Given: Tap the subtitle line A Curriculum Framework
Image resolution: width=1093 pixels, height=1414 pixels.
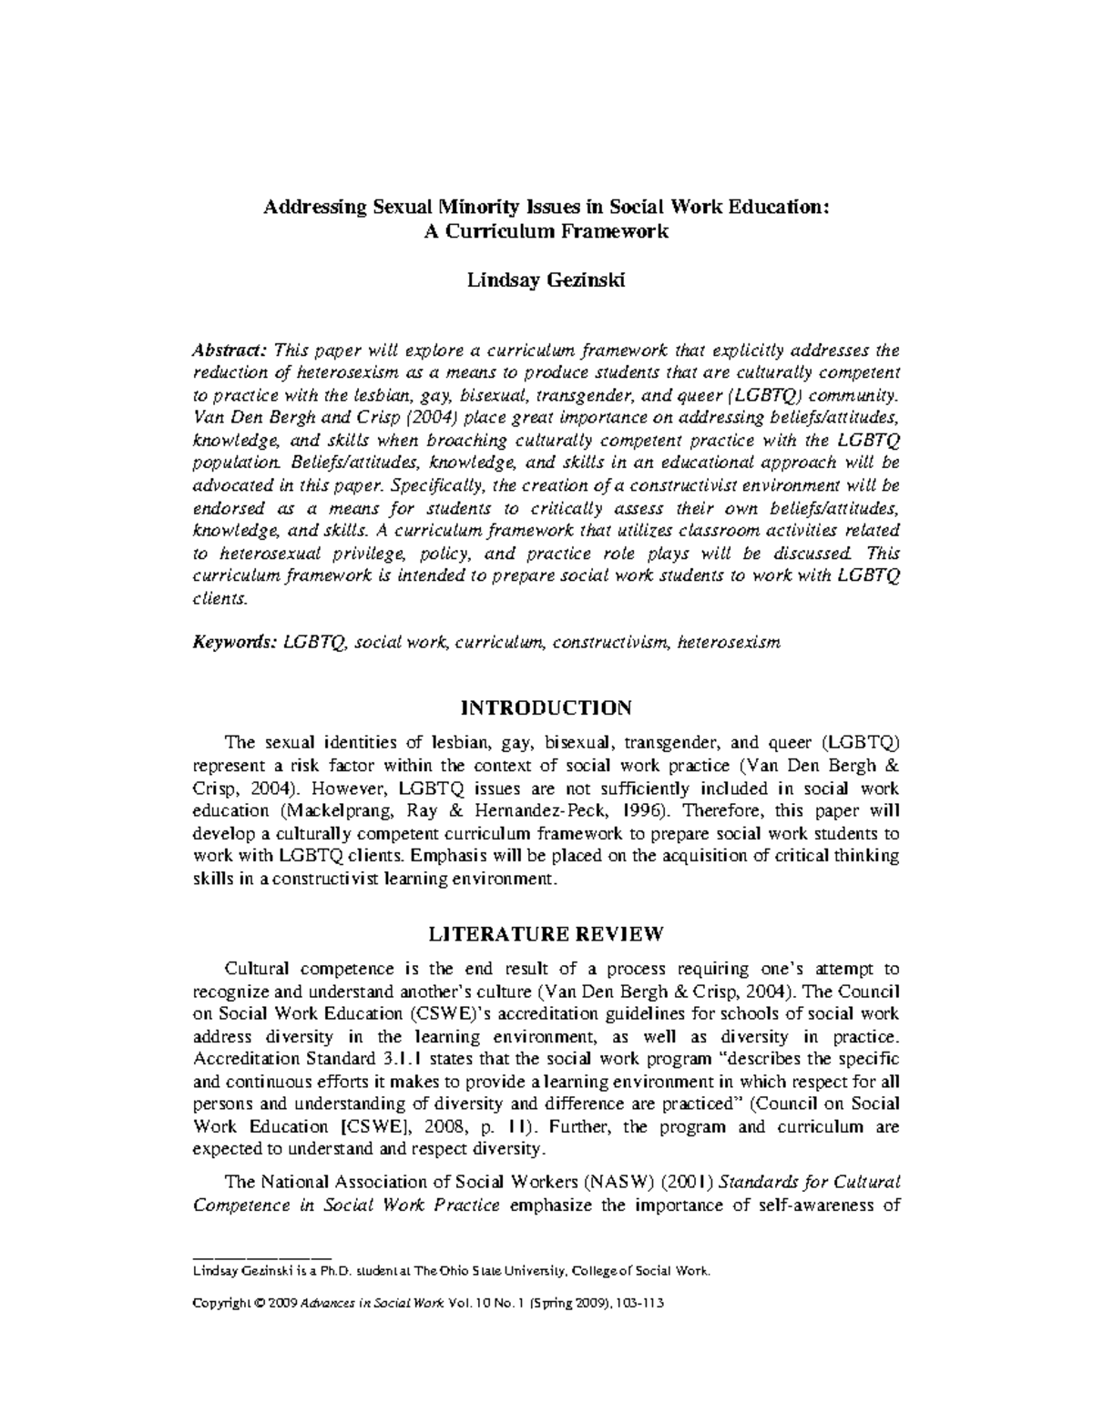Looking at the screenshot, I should (x=546, y=231).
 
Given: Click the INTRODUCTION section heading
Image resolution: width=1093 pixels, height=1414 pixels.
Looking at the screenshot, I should (x=546, y=707).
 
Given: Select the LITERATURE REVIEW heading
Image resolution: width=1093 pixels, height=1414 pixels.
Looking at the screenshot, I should (x=546, y=934).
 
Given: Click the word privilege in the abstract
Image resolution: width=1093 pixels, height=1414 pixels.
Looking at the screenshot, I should (x=352, y=554).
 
